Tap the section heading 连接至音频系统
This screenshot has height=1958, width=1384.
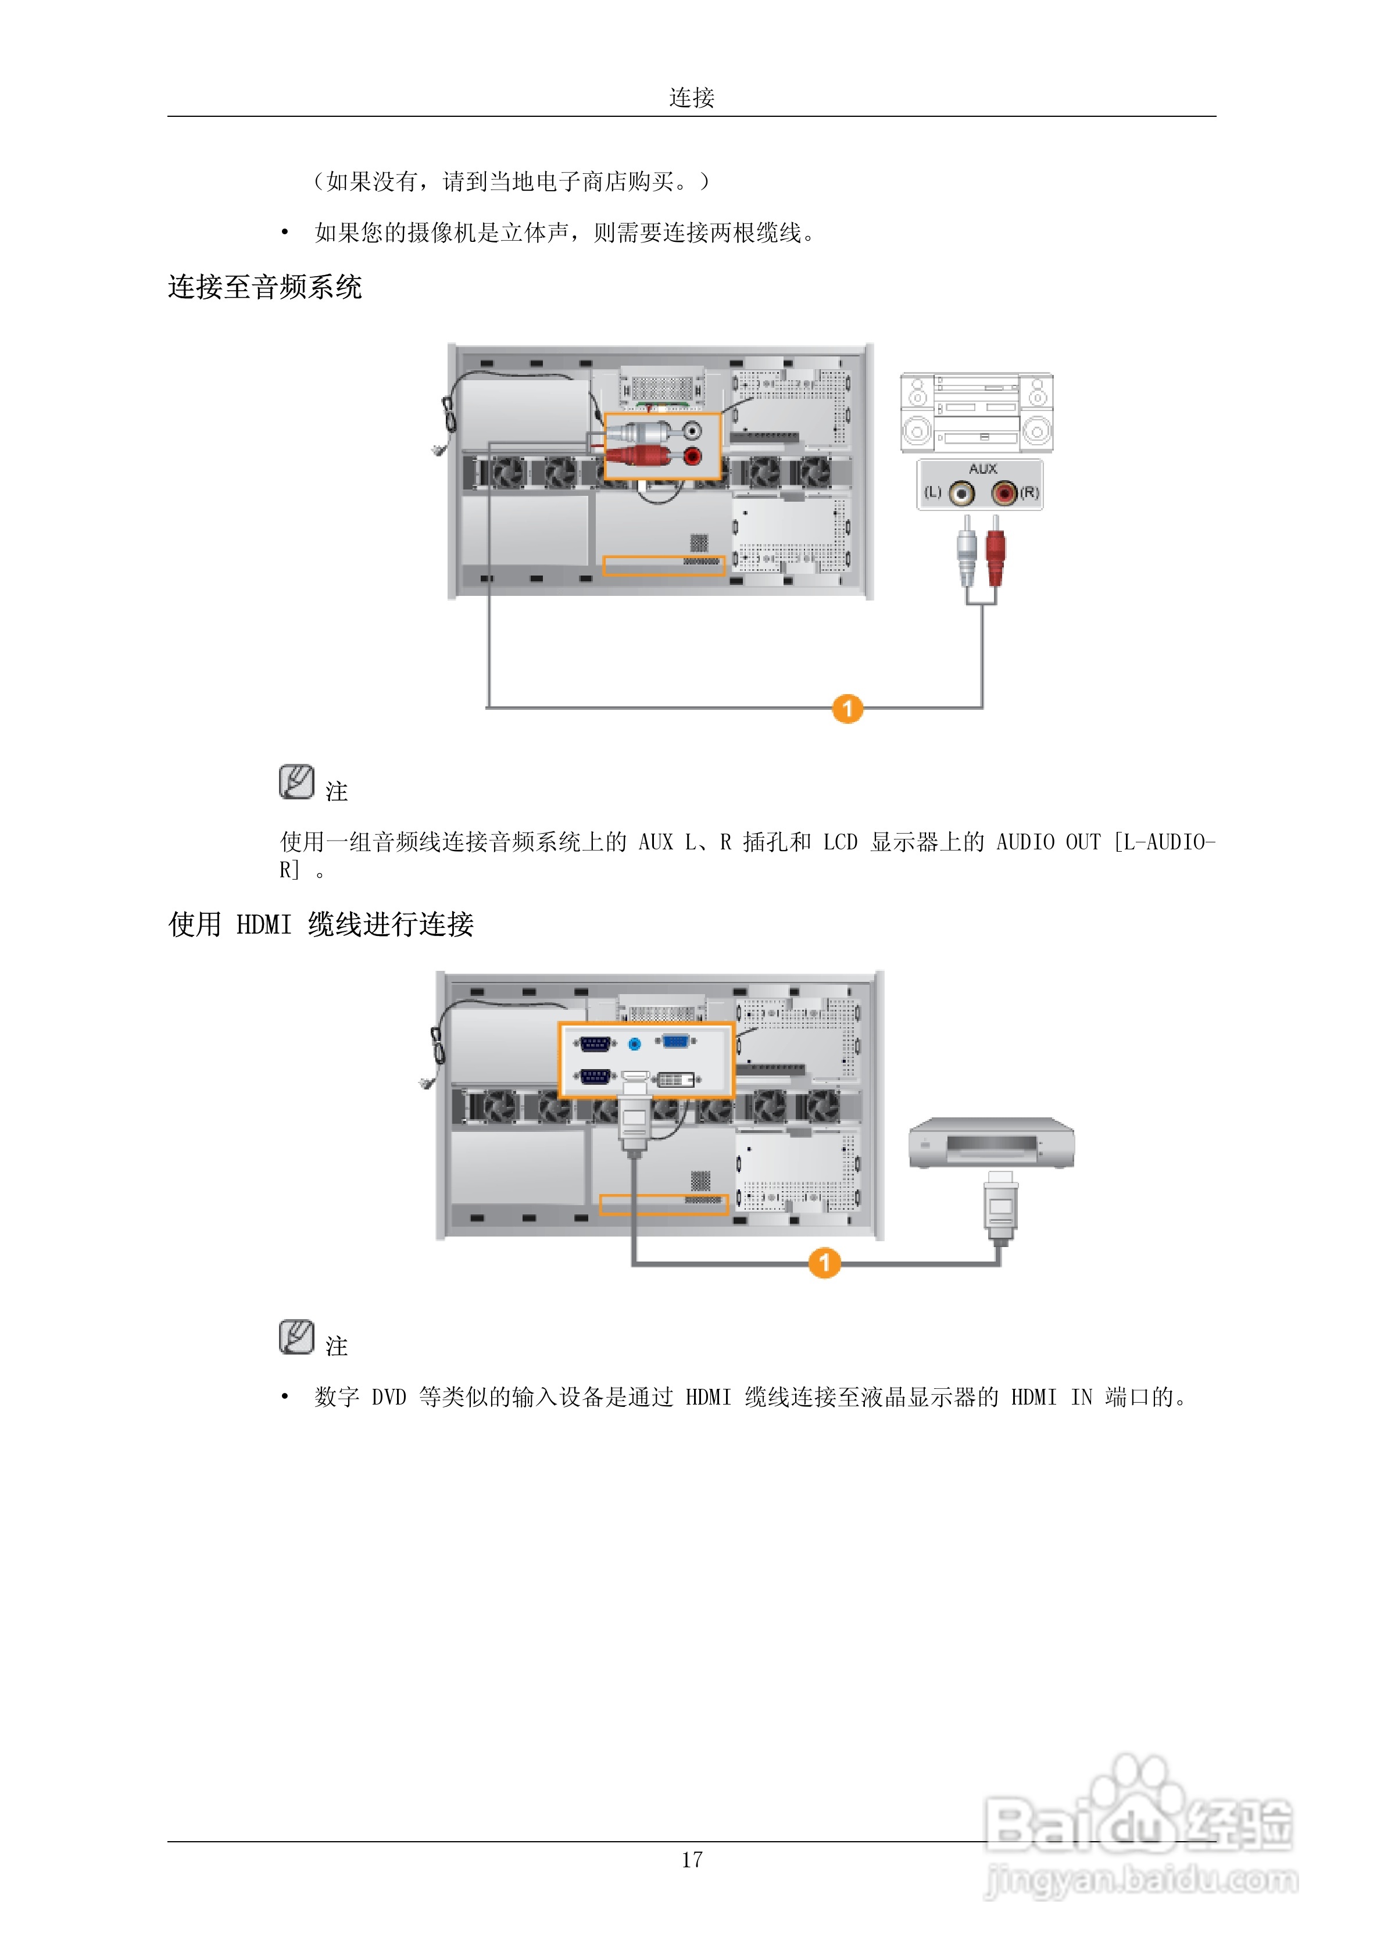(x=264, y=287)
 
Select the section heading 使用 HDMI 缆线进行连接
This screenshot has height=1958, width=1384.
(x=321, y=924)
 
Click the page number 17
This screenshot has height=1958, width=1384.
(x=692, y=1860)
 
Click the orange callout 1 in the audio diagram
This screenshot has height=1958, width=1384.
(x=847, y=709)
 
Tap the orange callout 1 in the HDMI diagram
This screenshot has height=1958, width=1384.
(x=824, y=1263)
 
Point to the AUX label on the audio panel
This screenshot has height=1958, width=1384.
(x=982, y=469)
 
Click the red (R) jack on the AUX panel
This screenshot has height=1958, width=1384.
(x=1004, y=493)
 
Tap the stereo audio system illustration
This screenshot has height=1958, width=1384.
(x=977, y=413)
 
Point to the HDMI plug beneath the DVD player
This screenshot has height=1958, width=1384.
(x=1000, y=1205)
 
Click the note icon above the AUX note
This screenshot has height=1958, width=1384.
(x=296, y=781)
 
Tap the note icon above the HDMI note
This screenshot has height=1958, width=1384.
(x=296, y=1337)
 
